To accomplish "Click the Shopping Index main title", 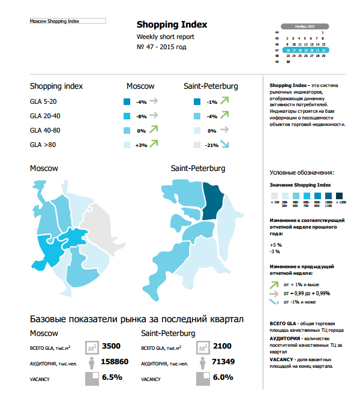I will [172, 25].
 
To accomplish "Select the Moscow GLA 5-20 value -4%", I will [142, 102].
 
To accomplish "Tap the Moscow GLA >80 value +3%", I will [142, 145].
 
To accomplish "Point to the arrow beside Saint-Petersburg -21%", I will [224, 145].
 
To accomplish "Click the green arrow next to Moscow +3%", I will [154, 144].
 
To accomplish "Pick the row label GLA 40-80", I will [45, 130].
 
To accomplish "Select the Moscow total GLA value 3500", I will [112, 346].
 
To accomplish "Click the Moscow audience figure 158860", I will [116, 362].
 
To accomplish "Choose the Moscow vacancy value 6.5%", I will [112, 377].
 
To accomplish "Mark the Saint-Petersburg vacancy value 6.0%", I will [223, 377].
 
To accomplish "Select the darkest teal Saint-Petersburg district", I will [212, 201].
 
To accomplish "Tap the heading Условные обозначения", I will [302, 173].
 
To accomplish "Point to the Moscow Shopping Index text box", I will [68, 21].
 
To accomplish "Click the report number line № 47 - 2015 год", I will [161, 47].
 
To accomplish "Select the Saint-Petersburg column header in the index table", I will [211, 86].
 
